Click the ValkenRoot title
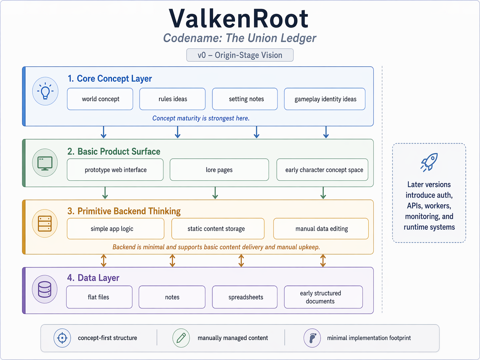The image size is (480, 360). (x=239, y=19)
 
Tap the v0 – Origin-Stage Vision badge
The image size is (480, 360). (x=240, y=55)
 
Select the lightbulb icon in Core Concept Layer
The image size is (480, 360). (x=45, y=91)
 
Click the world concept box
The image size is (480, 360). (x=100, y=99)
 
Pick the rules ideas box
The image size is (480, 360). (x=172, y=99)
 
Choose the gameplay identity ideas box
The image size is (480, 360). (x=325, y=99)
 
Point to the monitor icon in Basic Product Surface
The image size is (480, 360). (x=45, y=163)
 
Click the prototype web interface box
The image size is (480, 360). (x=115, y=170)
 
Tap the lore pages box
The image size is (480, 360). (x=219, y=170)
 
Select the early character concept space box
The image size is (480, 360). (x=322, y=170)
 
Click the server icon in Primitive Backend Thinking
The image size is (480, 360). (x=45, y=223)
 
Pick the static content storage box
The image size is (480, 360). (x=218, y=229)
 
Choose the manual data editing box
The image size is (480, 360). (x=321, y=229)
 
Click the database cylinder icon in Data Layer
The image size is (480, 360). (x=45, y=289)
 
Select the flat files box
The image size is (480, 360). (x=99, y=297)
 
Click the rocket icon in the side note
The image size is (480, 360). (x=429, y=162)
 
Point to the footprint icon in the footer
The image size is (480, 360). (x=312, y=338)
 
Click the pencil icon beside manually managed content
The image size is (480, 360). (x=181, y=338)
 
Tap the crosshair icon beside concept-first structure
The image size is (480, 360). (x=62, y=338)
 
